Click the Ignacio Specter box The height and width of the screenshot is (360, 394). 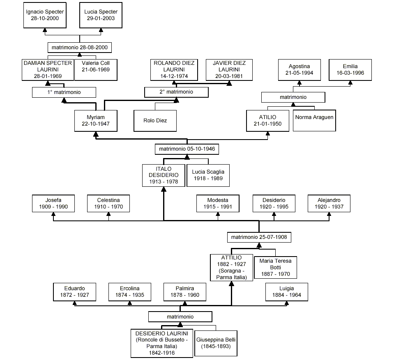pos(45,16)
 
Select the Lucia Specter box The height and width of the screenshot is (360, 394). pos(101,16)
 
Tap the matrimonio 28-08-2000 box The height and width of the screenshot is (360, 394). pos(80,48)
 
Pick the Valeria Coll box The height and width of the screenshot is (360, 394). pos(96,70)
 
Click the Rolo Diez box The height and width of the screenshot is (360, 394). pos(155,121)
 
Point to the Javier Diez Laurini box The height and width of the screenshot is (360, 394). pos(229,70)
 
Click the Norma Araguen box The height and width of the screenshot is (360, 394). pos(314,120)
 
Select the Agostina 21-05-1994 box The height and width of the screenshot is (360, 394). pos(299,69)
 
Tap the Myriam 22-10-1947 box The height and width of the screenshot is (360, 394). pos(95,121)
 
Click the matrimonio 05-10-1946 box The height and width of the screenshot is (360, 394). pos(187,149)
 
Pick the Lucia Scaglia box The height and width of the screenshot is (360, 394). pos(208,175)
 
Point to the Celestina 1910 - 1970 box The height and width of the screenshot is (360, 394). pos(108,203)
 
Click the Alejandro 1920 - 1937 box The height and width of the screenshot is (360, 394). pos(329,203)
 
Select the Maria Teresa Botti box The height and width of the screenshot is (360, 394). pos(275,267)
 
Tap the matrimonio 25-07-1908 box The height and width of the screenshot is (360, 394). pos(259,237)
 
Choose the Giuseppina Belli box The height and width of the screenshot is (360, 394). pos(215,343)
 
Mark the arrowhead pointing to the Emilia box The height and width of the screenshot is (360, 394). pos(350,83)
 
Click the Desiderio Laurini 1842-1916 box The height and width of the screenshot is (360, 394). pos(162,343)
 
